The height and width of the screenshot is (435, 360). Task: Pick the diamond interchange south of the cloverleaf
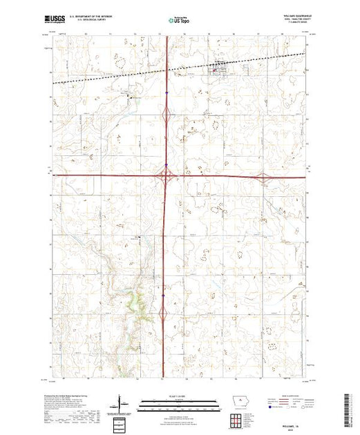[164, 314]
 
